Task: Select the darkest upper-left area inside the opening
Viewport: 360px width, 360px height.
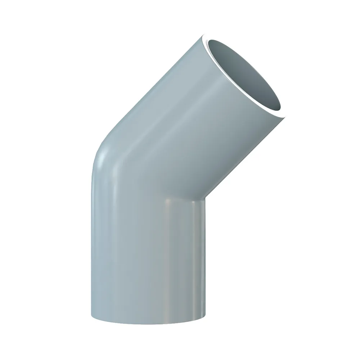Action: (223, 54)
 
